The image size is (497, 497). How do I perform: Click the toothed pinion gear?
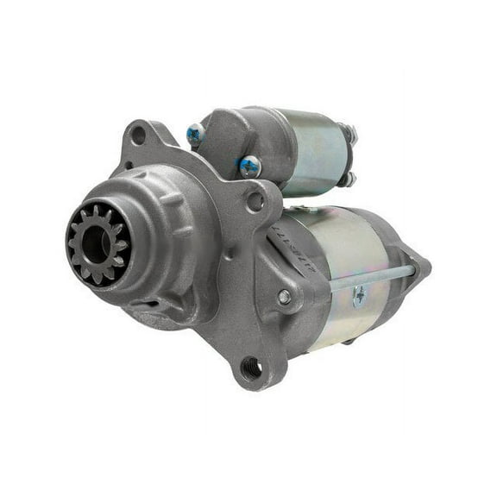click(98, 242)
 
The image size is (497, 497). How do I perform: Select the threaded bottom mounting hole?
click(252, 368)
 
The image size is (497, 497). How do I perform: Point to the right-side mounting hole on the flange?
click(255, 201)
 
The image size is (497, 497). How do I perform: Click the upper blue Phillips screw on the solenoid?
click(196, 134)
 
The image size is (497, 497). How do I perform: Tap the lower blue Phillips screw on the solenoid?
click(249, 166)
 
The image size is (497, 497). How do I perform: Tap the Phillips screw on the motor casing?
click(360, 295)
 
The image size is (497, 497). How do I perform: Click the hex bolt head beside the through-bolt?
click(284, 297)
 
